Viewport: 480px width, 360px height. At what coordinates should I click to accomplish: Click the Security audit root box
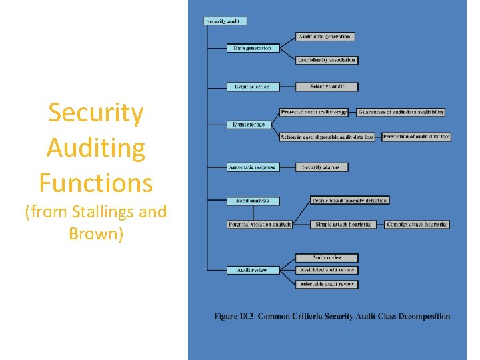pos(225,21)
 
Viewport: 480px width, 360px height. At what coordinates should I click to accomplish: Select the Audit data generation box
pos(325,37)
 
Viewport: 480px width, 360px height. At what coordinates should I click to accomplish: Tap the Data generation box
pos(253,48)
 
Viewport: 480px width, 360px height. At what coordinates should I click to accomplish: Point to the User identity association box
pos(327,60)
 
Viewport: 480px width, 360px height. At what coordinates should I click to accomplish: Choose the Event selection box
pos(253,87)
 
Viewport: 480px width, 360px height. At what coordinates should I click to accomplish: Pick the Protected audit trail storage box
pos(314,112)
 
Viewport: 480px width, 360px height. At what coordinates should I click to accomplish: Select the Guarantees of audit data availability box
pos(401,112)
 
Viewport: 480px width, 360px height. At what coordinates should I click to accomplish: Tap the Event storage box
pos(249,125)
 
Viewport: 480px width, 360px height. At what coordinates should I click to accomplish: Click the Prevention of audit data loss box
pos(417,137)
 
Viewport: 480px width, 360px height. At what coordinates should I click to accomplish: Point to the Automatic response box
pos(252,167)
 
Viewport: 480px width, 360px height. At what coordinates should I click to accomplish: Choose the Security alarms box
pos(321,167)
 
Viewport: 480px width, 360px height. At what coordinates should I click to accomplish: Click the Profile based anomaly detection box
pos(350,201)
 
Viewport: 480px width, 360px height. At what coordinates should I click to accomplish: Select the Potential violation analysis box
pos(260,225)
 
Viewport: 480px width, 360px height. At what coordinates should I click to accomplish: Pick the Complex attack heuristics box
pos(417,225)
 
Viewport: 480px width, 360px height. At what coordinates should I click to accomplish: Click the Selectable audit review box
pos(327,285)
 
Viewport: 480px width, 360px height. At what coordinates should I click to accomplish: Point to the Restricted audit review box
pos(327,270)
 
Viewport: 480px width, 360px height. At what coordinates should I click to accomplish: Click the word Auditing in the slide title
pos(96,148)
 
